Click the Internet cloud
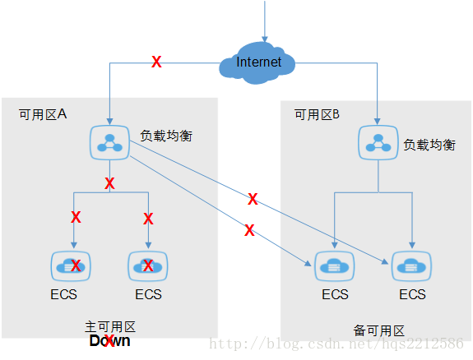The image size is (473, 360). [x=259, y=62]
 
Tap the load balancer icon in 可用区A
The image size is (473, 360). [x=109, y=141]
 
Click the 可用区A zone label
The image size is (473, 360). [x=42, y=115]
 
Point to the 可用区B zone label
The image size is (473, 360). [x=317, y=115]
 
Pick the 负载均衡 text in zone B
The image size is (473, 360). [x=429, y=144]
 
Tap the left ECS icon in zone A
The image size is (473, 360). [x=71, y=265]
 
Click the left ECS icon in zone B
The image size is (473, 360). [x=335, y=265]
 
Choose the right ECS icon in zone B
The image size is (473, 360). [x=412, y=265]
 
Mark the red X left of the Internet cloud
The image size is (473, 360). [x=156, y=62]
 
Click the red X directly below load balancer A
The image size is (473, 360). [x=109, y=183]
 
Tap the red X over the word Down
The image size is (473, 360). [x=109, y=341]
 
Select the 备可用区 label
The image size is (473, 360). [x=378, y=330]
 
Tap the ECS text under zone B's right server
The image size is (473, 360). [x=412, y=294]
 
